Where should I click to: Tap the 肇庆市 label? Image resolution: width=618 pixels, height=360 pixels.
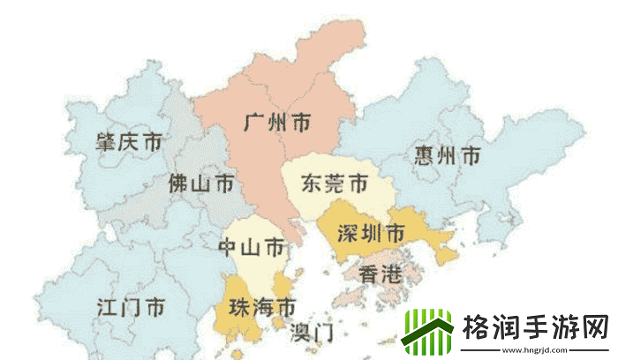click(129, 141)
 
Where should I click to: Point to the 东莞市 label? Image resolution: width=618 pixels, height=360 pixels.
click(334, 184)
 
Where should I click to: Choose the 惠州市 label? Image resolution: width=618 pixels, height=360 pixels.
click(447, 156)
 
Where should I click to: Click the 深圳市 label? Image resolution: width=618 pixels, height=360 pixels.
click(371, 233)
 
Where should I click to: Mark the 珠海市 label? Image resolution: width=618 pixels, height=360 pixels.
click(261, 308)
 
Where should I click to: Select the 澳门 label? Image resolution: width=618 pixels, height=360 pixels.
click(312, 333)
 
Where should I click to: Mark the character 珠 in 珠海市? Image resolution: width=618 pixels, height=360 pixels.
click(239, 308)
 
